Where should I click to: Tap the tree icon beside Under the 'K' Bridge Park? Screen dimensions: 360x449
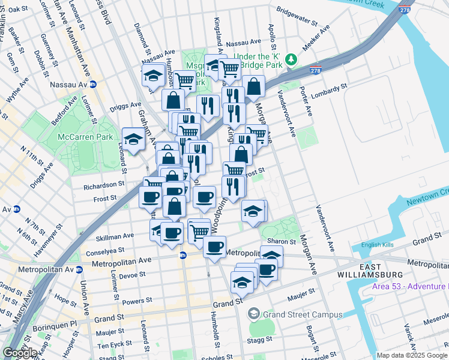point(291,59)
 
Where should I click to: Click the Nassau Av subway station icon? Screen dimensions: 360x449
point(93,85)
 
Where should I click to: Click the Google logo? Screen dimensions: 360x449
point(20,353)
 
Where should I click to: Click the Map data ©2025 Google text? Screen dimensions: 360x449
point(412,355)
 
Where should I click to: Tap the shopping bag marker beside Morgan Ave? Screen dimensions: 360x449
point(254,87)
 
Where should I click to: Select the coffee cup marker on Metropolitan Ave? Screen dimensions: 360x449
point(214,247)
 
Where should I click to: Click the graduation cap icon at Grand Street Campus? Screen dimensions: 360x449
point(254,314)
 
